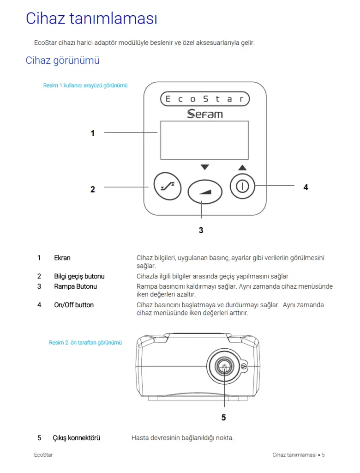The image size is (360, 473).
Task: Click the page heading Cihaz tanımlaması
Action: pos(91,18)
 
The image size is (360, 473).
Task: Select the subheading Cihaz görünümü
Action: pos(62,61)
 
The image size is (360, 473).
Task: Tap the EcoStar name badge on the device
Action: pos(204,99)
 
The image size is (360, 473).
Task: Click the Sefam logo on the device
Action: pos(204,113)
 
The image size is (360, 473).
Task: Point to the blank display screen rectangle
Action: pos(204,140)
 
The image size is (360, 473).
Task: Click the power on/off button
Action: pos(242,187)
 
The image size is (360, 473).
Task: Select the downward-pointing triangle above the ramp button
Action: pos(205,167)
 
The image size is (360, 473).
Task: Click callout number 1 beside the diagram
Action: pos(93,133)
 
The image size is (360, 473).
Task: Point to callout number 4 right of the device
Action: pos(306,187)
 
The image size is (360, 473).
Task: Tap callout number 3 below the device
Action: pos(201,230)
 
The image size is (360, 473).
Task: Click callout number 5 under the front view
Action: pos(223,417)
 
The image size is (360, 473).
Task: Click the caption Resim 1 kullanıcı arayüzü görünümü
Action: pos(85,85)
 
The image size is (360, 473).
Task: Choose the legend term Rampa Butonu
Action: pos(75,286)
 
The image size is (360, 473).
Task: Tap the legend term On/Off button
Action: pos(74,305)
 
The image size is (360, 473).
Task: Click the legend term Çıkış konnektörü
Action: pos(76,438)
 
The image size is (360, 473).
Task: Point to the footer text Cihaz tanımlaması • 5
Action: pos(299,455)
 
